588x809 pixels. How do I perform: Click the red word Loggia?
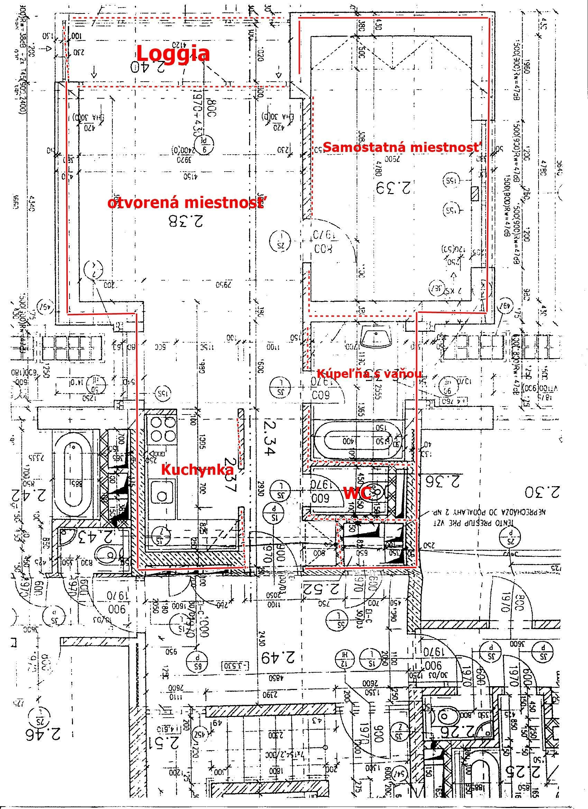click(x=173, y=54)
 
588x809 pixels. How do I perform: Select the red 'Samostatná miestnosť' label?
click(x=402, y=147)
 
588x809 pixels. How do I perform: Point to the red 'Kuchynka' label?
click(x=198, y=470)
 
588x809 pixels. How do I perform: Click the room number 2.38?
click(x=186, y=221)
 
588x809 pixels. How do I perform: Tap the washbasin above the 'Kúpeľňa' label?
click(x=376, y=337)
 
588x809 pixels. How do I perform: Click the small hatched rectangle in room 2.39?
click(x=475, y=194)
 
